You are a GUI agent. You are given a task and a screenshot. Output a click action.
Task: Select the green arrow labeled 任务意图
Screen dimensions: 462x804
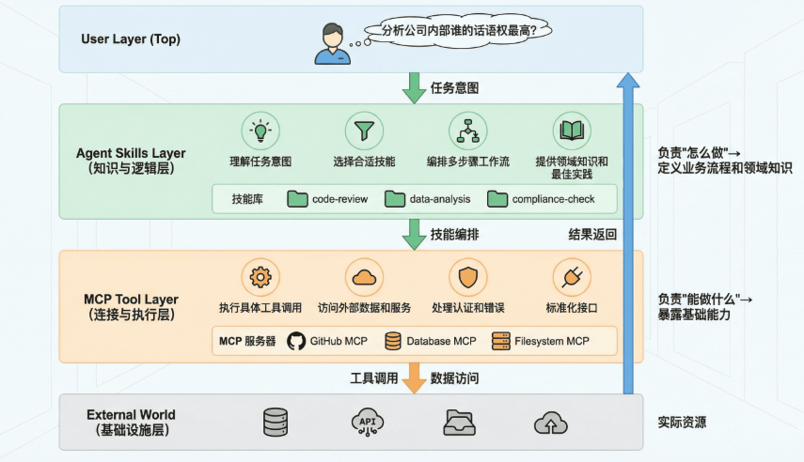414,87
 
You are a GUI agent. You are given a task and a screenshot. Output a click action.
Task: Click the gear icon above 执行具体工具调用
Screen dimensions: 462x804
260,277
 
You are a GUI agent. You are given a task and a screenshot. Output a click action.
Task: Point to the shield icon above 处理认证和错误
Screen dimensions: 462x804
467,277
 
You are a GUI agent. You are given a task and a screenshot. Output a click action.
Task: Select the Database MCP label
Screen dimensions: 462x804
441,341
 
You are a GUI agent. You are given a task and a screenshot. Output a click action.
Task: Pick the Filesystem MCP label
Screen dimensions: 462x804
551,341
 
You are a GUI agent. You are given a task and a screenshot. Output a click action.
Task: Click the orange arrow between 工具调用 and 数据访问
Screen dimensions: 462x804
414,377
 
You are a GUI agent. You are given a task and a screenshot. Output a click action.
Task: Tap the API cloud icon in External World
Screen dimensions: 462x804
366,423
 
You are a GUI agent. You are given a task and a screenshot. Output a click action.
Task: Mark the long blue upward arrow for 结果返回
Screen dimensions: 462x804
628,235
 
